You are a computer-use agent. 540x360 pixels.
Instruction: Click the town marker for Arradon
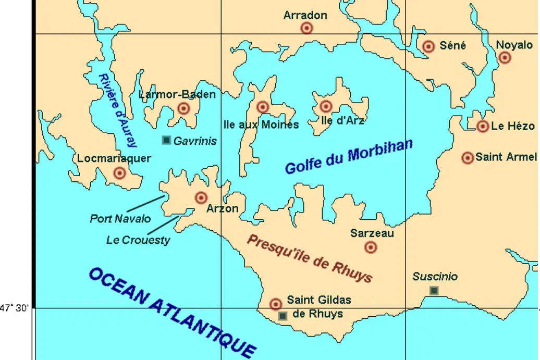307,28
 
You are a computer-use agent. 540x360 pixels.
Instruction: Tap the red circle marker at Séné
428,46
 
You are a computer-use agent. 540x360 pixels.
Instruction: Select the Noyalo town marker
505,58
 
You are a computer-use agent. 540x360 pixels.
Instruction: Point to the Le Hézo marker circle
483,126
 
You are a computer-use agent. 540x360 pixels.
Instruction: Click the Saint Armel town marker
468,157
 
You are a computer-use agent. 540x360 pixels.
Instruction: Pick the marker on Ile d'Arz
326,106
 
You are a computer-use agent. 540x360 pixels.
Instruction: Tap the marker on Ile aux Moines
263,107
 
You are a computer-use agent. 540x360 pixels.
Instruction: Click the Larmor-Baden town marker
183,108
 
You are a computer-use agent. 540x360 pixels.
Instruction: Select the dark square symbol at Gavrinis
166,140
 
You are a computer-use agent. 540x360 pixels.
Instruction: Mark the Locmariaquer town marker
120,173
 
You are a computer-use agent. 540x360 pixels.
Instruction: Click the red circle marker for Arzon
201,197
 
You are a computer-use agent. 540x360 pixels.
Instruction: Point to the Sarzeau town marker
371,247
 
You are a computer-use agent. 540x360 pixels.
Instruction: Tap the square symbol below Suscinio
434,290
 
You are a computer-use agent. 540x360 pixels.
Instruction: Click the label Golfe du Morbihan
349,157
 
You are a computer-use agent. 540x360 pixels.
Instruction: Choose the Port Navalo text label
120,219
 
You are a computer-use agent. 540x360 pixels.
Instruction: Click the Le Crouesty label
138,240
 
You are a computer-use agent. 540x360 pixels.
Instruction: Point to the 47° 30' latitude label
15,308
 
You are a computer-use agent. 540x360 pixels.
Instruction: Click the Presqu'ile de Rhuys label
310,258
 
